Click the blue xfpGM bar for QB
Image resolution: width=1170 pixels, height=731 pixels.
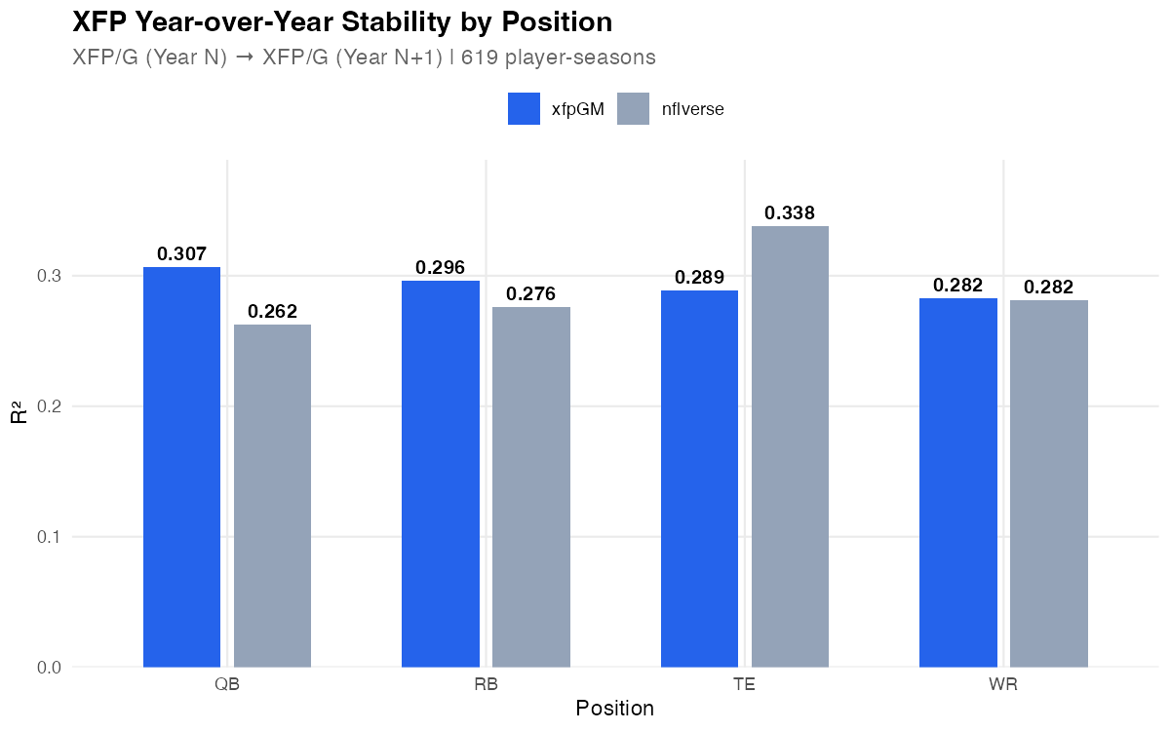[x=181, y=467]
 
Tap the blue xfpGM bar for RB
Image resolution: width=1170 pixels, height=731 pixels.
[x=441, y=474]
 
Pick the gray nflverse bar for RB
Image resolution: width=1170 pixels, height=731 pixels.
[x=531, y=486]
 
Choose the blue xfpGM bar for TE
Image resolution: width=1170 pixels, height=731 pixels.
[x=699, y=479]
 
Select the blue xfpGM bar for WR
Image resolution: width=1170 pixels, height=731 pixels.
[x=958, y=482]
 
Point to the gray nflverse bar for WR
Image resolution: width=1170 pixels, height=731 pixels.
[x=1049, y=482]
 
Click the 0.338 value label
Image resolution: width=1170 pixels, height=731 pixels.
[x=790, y=213]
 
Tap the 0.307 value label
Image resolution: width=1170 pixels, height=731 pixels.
[x=181, y=254]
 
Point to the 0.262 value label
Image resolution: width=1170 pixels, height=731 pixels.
[x=272, y=312]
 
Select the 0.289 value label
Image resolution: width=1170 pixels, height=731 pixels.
[x=699, y=278]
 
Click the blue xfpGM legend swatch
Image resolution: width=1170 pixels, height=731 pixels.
[x=524, y=109]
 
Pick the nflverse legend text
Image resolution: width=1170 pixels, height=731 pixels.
[x=692, y=109]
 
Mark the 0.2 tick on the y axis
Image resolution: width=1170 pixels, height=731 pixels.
[x=48, y=406]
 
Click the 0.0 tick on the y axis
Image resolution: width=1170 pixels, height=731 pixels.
[x=48, y=668]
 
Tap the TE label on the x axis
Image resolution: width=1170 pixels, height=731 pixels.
[x=745, y=684]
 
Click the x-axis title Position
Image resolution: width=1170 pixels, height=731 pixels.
[x=614, y=709]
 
